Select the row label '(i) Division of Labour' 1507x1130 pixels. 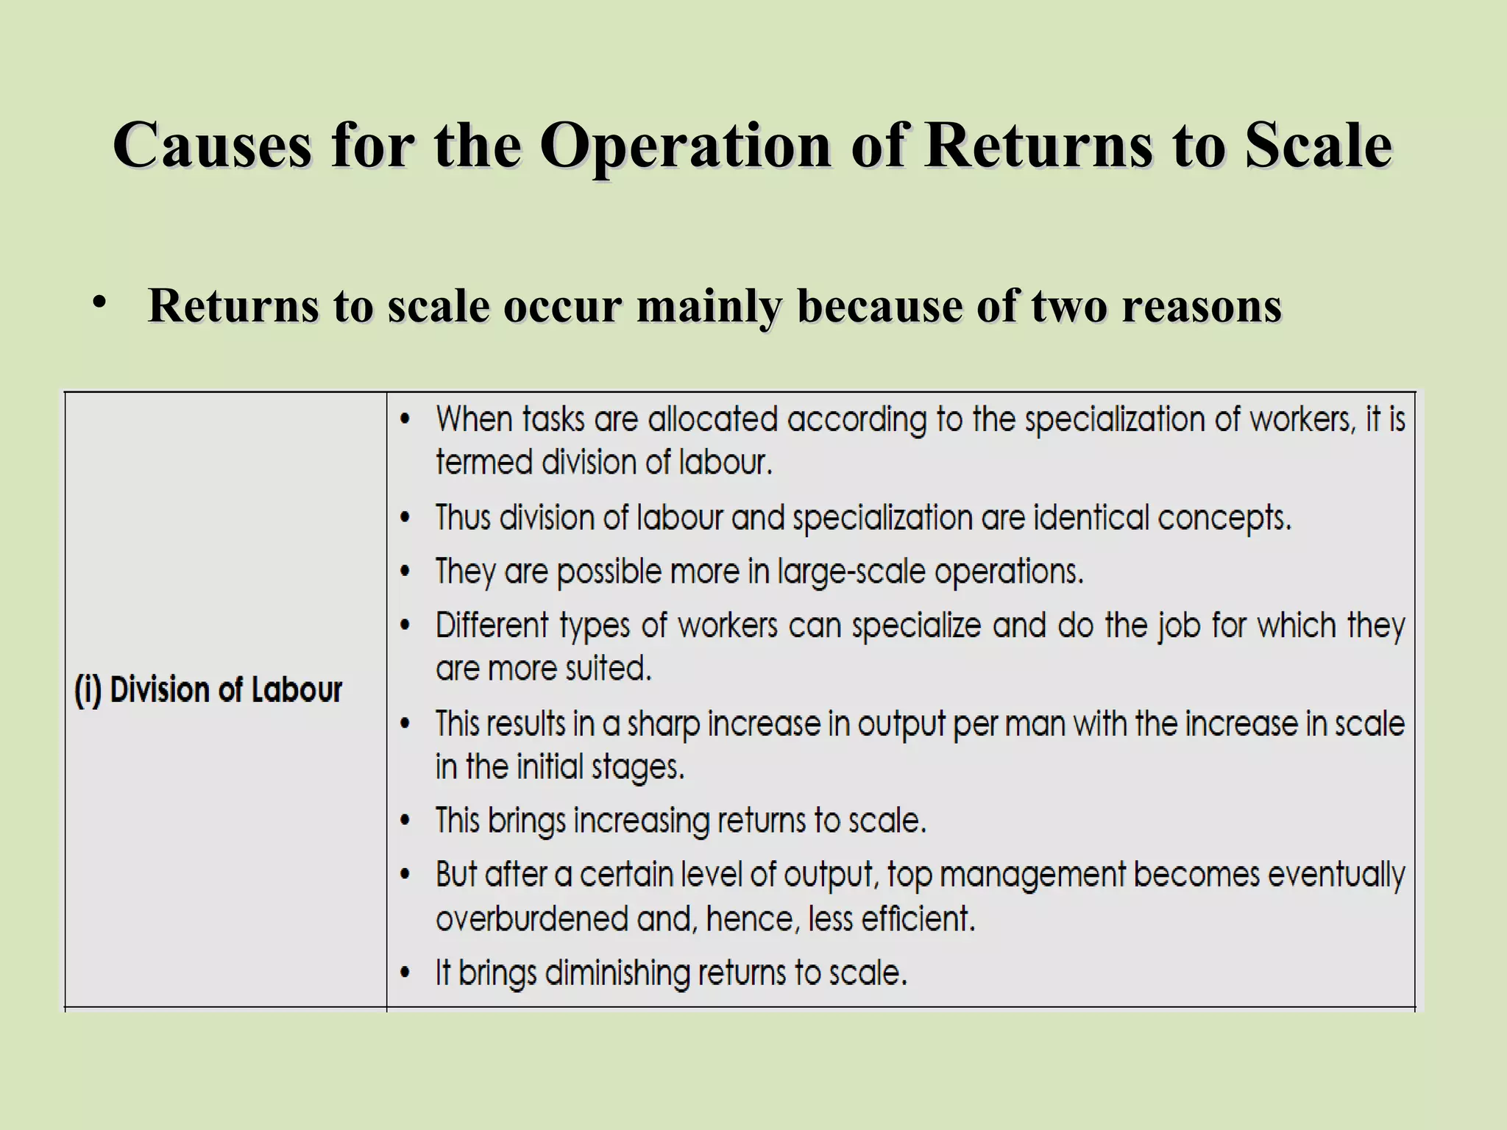(208, 691)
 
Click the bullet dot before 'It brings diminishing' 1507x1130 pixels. (405, 974)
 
